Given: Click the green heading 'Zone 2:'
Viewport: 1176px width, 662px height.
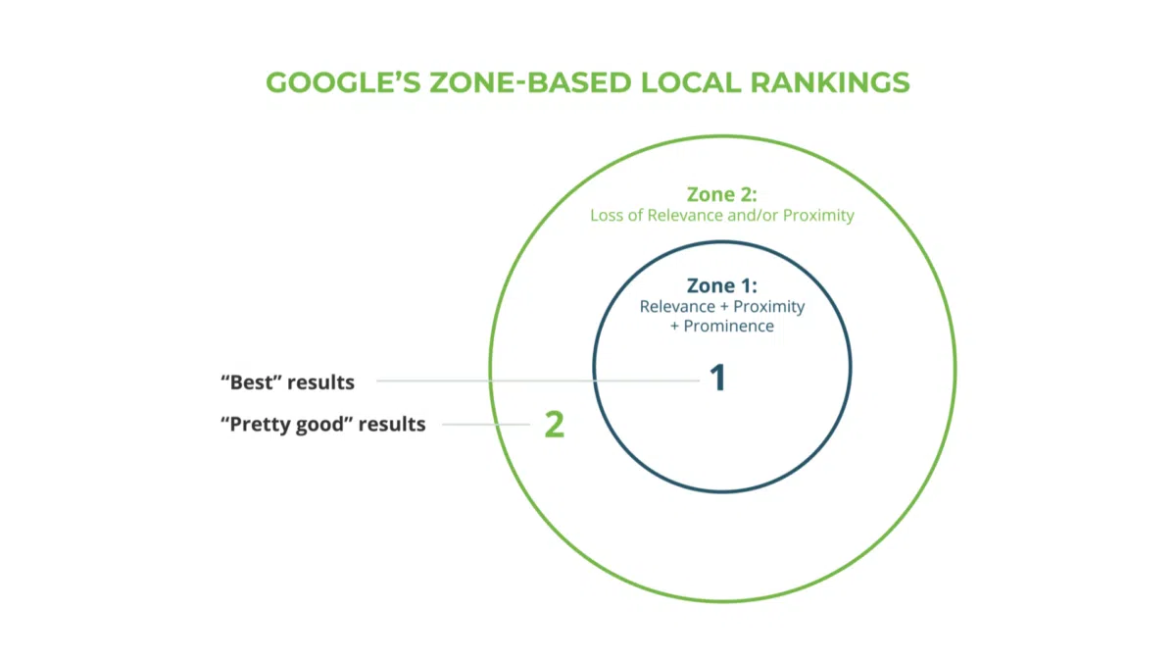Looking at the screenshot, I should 721,194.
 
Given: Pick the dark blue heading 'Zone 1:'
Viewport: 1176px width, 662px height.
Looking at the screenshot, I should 721,286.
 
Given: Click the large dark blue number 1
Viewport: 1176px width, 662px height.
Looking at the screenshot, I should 718,379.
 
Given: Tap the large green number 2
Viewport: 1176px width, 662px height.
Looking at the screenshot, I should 555,425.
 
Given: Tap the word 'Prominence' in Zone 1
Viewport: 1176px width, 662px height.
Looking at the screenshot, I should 728,326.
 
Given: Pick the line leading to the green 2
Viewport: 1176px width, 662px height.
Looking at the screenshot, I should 480,425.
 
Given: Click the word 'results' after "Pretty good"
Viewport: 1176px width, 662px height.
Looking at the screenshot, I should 392,425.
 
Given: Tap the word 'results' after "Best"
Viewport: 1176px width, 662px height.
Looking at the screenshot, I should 321,381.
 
